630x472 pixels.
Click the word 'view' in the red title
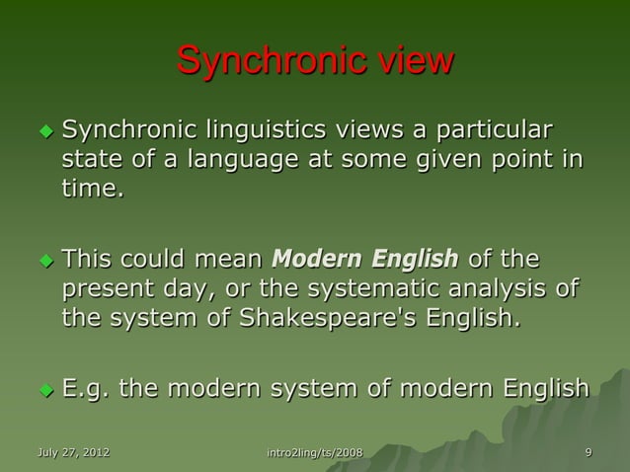point(407,61)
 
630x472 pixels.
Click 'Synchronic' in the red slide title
point(265,61)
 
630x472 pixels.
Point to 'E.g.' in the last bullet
point(87,388)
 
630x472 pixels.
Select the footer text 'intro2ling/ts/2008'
point(315,452)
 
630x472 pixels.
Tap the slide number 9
point(589,452)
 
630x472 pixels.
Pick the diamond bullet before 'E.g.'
point(43,389)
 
